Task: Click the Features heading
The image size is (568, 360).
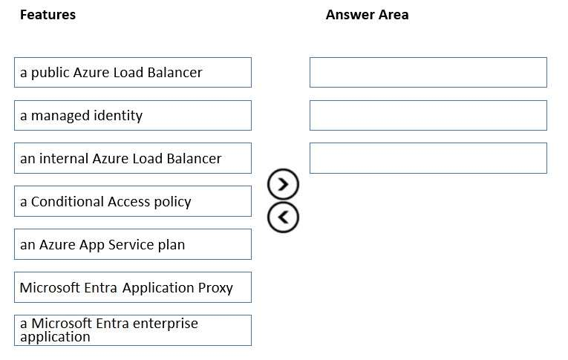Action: tap(48, 15)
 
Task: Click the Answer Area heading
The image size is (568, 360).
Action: tap(367, 15)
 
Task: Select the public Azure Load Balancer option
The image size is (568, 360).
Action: tap(132, 72)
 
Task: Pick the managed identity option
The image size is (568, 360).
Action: tap(132, 115)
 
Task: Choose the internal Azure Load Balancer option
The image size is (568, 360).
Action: tap(132, 158)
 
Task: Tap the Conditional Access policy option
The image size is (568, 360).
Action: tap(132, 201)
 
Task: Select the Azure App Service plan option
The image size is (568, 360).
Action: tap(132, 244)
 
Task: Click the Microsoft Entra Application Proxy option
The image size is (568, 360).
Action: tap(132, 287)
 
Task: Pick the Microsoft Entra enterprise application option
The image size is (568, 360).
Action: tap(132, 330)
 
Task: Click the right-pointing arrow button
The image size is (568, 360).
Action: tap(284, 183)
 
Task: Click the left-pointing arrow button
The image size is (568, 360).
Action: tap(284, 217)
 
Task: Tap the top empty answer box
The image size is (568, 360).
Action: tap(428, 72)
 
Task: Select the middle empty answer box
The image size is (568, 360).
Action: tap(428, 115)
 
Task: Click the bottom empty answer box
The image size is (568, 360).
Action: tap(428, 158)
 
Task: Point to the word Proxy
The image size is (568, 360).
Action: tap(214, 288)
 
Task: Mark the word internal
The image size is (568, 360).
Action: tap(64, 158)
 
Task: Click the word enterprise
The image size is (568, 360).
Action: tap(163, 324)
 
